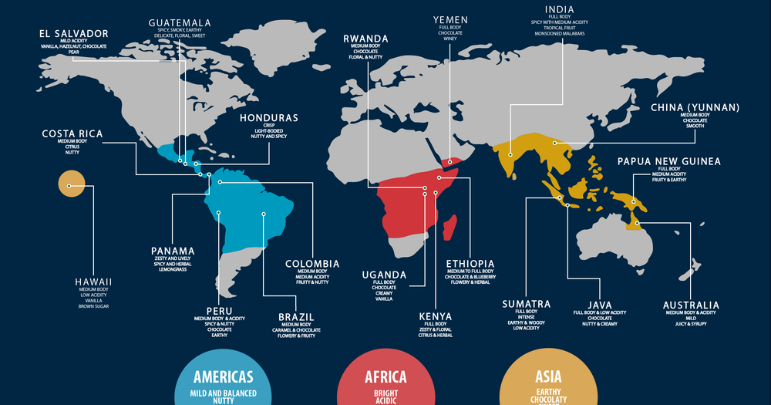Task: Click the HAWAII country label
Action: coord(93,282)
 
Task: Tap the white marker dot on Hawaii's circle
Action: coord(69,186)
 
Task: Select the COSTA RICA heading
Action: coord(72,134)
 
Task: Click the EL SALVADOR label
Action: coord(73,33)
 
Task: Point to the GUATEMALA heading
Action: coord(180,22)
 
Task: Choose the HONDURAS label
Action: coord(268,118)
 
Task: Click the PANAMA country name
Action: coord(173,251)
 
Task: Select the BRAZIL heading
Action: coord(295,316)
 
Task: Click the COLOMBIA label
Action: coord(312,264)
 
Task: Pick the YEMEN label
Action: coord(450,19)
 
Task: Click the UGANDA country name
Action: coord(384,275)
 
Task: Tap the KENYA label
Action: coord(435,316)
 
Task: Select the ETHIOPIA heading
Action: coord(470,264)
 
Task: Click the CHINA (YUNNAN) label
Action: coord(695,107)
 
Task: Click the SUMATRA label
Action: coord(526,304)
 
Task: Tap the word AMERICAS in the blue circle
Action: coord(224,377)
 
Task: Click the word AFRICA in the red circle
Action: coord(385,377)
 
